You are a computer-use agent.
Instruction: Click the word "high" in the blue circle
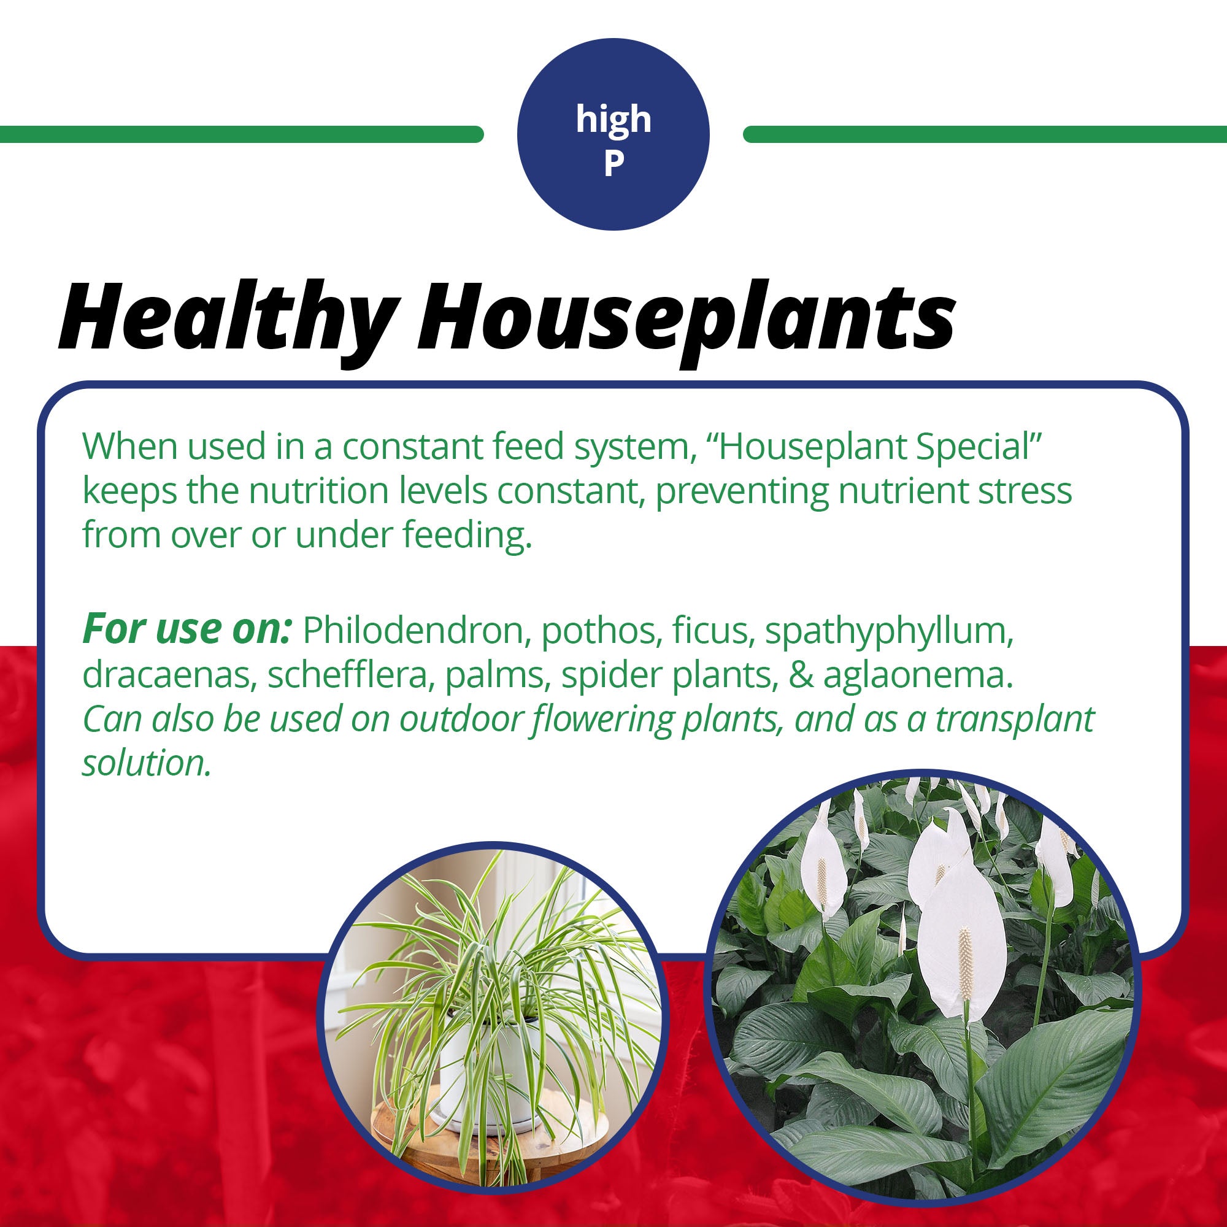[613, 120]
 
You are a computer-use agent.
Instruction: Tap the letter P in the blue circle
[613, 163]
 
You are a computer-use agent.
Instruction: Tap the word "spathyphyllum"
[889, 632]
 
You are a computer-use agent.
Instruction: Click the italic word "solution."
[146, 763]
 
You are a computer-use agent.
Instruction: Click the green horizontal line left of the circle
[241, 134]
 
